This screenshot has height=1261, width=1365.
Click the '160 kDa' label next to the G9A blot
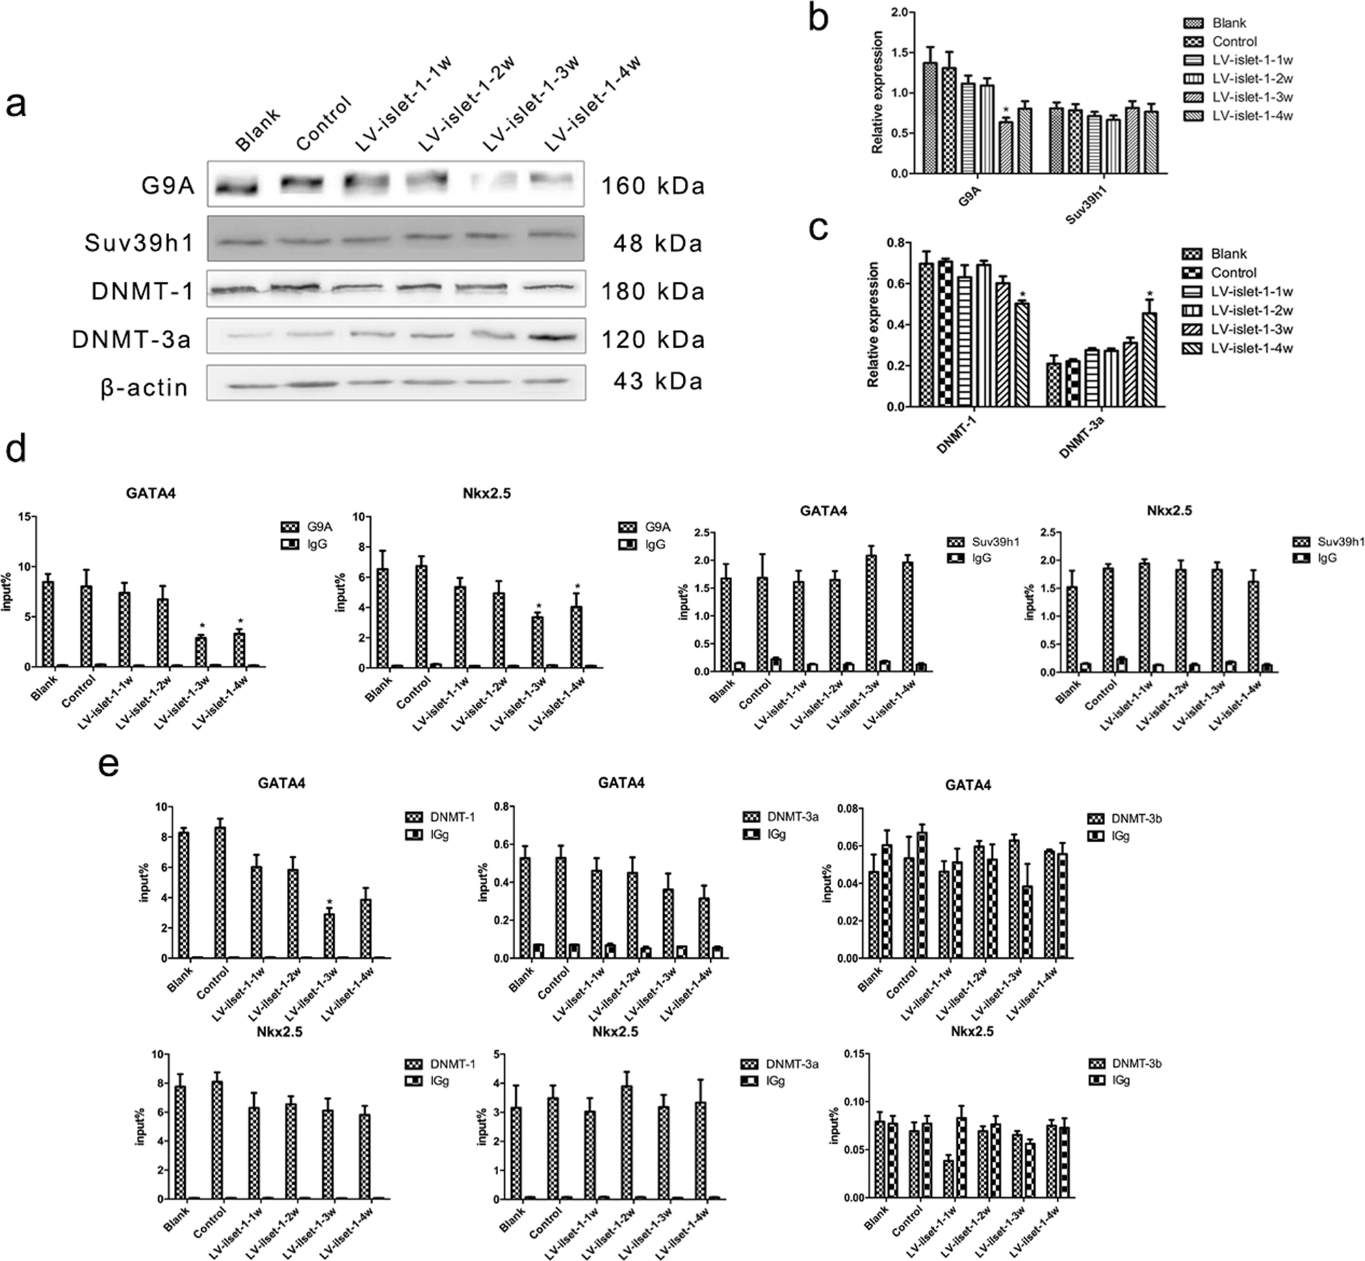(653, 186)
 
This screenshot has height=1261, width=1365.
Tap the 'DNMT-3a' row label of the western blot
(131, 339)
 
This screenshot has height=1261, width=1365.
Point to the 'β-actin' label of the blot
(144, 388)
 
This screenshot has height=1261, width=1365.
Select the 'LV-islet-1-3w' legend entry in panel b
(1252, 97)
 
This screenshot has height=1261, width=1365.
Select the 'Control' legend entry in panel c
(1234, 272)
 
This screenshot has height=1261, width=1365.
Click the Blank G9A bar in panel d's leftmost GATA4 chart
(47, 623)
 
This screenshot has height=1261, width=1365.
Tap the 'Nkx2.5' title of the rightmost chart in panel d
(1171, 510)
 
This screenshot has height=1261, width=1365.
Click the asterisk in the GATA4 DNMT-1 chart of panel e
(329, 902)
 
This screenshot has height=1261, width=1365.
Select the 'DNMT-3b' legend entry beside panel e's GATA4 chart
(1135, 819)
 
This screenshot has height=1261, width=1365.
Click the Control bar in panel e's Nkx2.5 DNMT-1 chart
(217, 1139)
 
